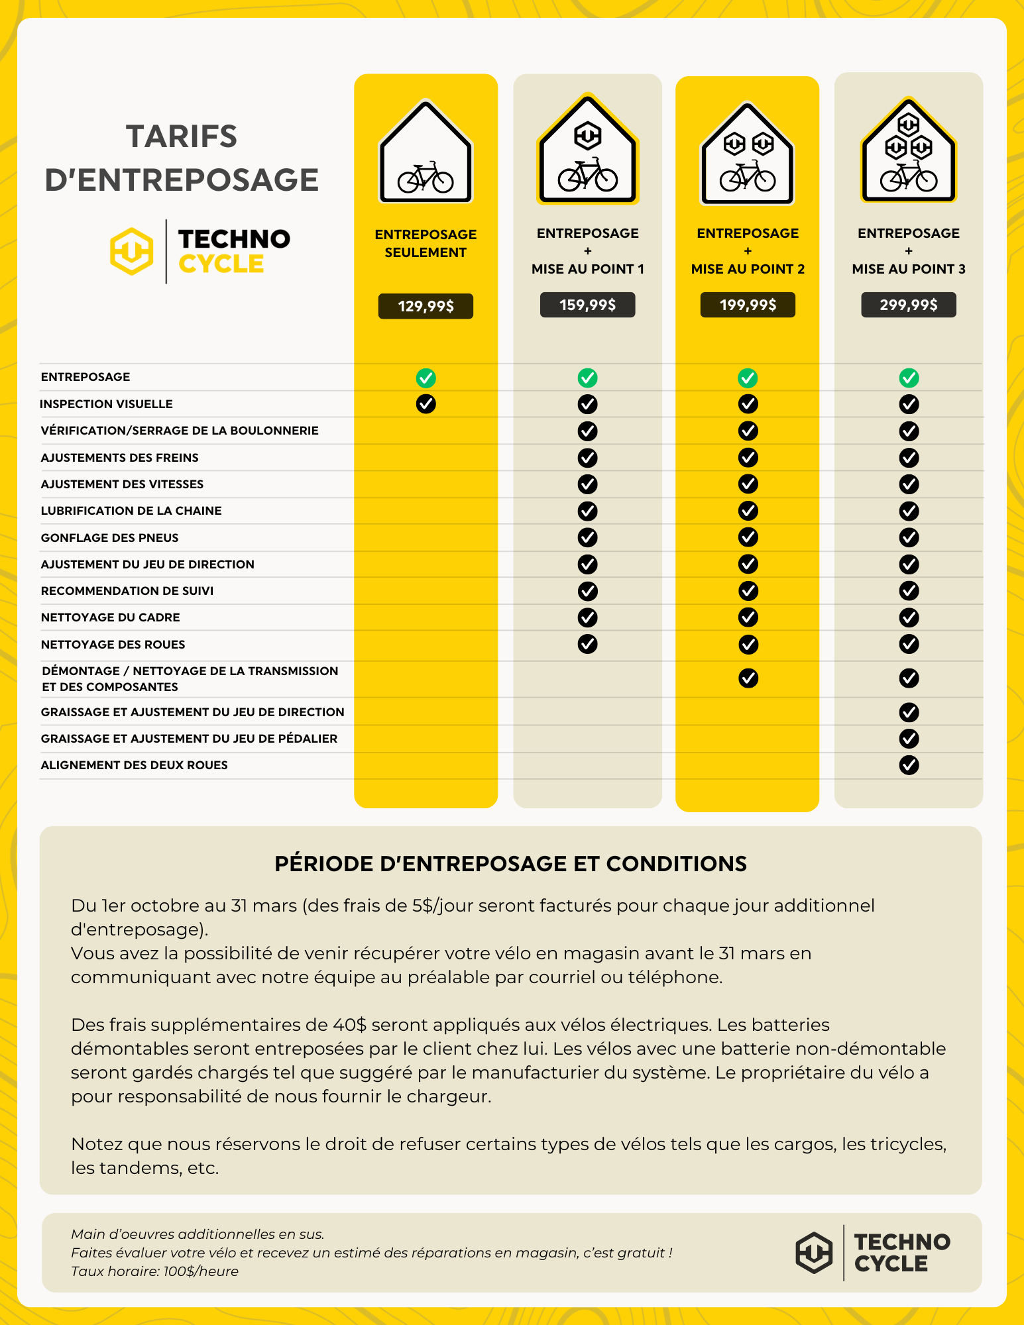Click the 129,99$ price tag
426,306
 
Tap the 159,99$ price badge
587,305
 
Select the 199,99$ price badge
748,305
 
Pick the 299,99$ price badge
908,305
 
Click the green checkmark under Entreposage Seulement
426,378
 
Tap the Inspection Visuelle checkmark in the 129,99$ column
426,403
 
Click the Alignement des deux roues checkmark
909,765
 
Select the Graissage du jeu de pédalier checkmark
909,738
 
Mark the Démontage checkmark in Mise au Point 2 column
748,678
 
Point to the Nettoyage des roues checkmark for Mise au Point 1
587,644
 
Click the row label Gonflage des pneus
109,538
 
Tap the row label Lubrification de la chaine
131,511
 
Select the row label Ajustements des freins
119,458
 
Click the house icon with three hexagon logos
909,151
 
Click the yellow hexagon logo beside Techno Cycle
132,252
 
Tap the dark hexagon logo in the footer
814,1253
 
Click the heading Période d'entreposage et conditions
510,864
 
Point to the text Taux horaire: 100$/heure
154,1271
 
